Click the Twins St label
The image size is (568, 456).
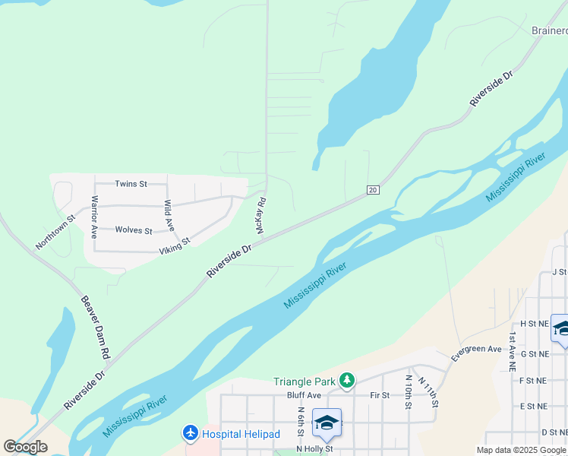coord(131,184)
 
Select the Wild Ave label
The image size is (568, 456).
coord(169,216)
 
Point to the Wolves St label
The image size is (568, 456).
coord(134,230)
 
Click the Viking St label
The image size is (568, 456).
coord(174,245)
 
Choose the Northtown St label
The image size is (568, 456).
coord(55,231)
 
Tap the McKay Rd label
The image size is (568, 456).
coord(260,216)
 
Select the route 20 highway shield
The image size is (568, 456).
coord(372,189)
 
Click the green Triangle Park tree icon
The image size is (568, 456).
coord(347,379)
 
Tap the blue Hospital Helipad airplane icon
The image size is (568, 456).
coord(190,434)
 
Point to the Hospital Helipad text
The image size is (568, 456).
coord(241,434)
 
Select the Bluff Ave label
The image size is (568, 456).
coord(305,395)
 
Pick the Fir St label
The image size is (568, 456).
coord(380,395)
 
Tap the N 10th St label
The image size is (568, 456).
coord(409,391)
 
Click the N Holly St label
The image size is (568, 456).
coord(315,449)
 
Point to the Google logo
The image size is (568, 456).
coord(25,447)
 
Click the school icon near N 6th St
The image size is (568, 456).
coord(327,423)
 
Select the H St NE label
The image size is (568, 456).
coord(534,323)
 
